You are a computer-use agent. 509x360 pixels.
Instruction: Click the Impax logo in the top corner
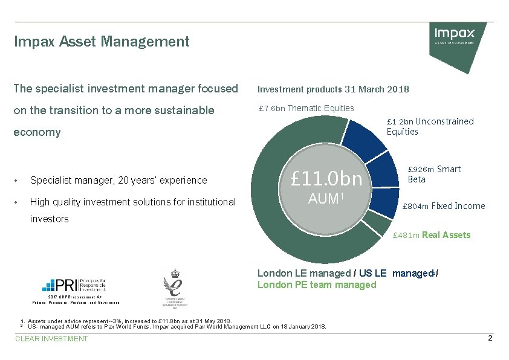455,36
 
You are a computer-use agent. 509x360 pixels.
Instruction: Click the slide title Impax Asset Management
102,42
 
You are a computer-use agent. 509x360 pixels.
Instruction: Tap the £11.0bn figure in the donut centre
326,179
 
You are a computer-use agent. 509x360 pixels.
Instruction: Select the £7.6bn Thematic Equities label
306,108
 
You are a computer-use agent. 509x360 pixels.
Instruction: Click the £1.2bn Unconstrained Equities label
430,126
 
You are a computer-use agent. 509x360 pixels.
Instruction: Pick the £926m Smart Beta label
434,174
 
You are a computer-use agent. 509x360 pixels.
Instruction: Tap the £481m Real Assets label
431,235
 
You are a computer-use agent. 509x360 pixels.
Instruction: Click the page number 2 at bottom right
490,338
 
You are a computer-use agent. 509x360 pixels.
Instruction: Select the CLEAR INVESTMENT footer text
51,339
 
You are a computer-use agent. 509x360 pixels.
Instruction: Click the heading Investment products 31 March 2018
333,89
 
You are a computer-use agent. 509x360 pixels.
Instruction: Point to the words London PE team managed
317,285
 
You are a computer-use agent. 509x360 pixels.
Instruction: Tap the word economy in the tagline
37,132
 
